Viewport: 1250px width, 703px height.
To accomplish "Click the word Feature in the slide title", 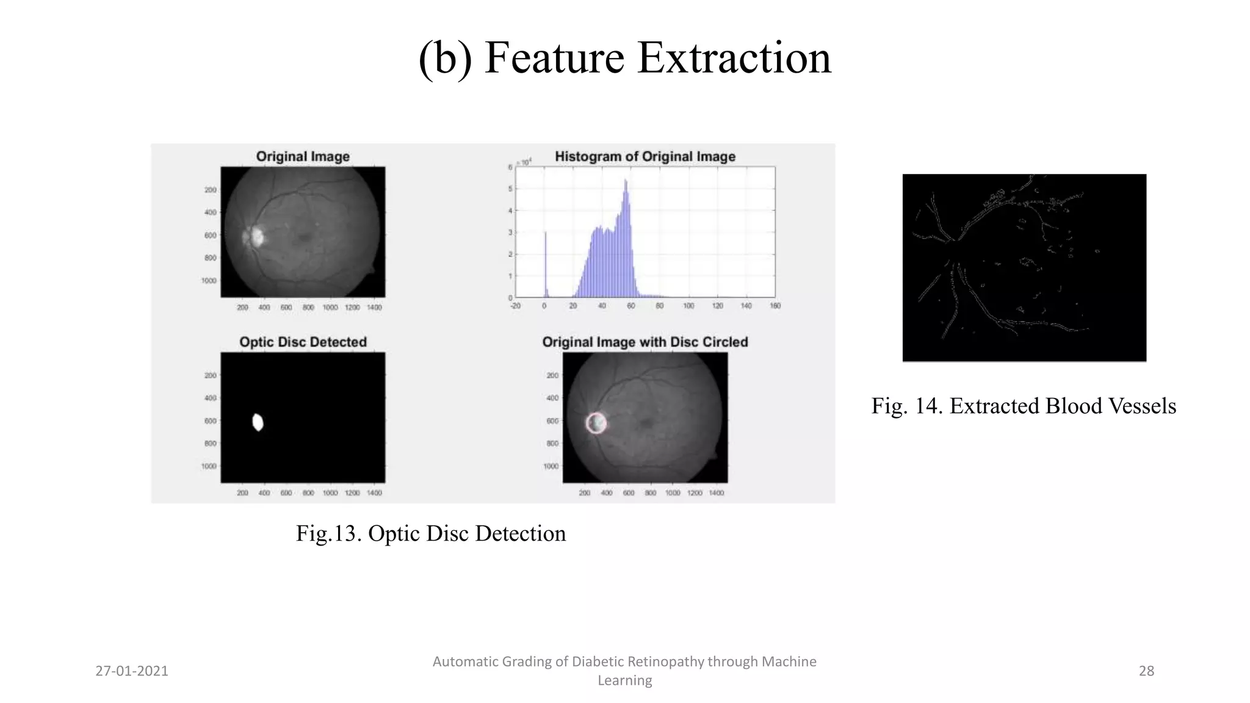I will (554, 58).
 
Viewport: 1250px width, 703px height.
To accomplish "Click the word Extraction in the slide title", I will (734, 58).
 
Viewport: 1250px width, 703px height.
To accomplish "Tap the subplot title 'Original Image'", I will (303, 157).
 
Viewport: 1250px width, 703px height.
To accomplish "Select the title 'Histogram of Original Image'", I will (645, 157).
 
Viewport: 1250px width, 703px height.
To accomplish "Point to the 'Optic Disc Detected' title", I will (303, 342).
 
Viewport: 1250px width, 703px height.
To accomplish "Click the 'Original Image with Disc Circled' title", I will (645, 342).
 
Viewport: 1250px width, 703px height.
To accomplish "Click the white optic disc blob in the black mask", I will (258, 422).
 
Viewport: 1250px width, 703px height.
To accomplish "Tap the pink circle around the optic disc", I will (587, 423).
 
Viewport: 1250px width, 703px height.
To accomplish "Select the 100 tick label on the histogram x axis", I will (688, 306).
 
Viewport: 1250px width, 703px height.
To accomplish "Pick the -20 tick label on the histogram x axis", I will (516, 306).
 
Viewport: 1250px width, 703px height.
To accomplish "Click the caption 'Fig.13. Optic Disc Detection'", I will (431, 533).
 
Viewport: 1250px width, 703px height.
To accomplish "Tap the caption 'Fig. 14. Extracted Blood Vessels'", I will (1024, 406).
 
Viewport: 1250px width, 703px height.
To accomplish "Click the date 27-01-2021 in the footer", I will (132, 671).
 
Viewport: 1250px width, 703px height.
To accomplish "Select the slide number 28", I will (1146, 671).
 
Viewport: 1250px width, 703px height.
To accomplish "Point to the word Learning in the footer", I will (624, 680).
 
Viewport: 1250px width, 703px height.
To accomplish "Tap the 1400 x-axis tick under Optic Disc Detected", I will (374, 493).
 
